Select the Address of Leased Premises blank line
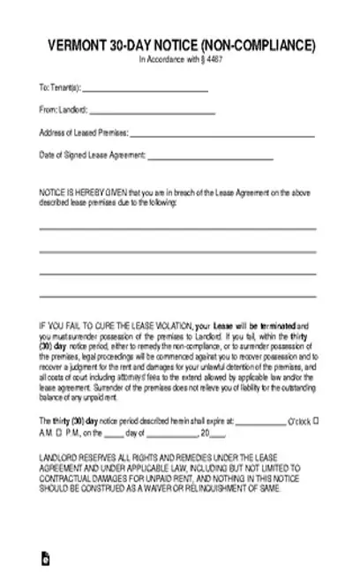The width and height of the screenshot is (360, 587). coord(222,135)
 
